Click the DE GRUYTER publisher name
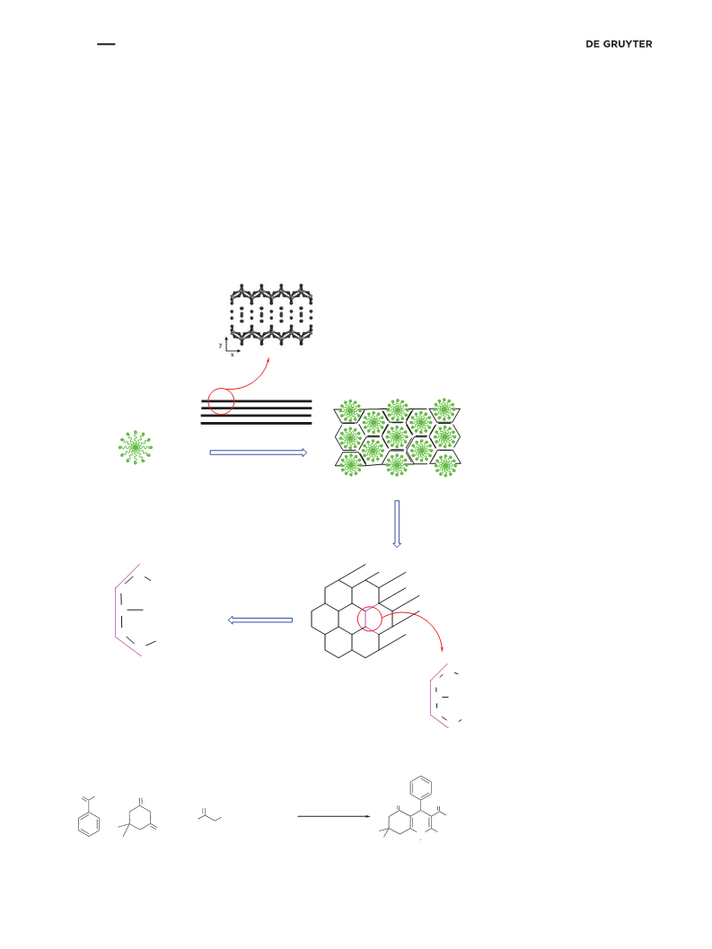click(x=619, y=44)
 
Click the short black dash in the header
click(x=106, y=44)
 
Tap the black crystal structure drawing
click(x=271, y=314)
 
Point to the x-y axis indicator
click(x=230, y=347)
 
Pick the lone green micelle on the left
click(x=136, y=447)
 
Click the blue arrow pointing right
click(x=259, y=453)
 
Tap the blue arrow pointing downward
click(x=397, y=523)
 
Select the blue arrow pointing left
click(x=260, y=620)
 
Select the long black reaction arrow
click(x=334, y=816)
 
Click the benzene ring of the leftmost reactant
click(x=89, y=824)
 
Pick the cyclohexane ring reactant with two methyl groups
click(x=138, y=818)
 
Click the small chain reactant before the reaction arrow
click(x=209, y=815)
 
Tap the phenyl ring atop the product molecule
click(x=421, y=788)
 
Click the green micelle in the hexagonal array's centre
click(x=397, y=436)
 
